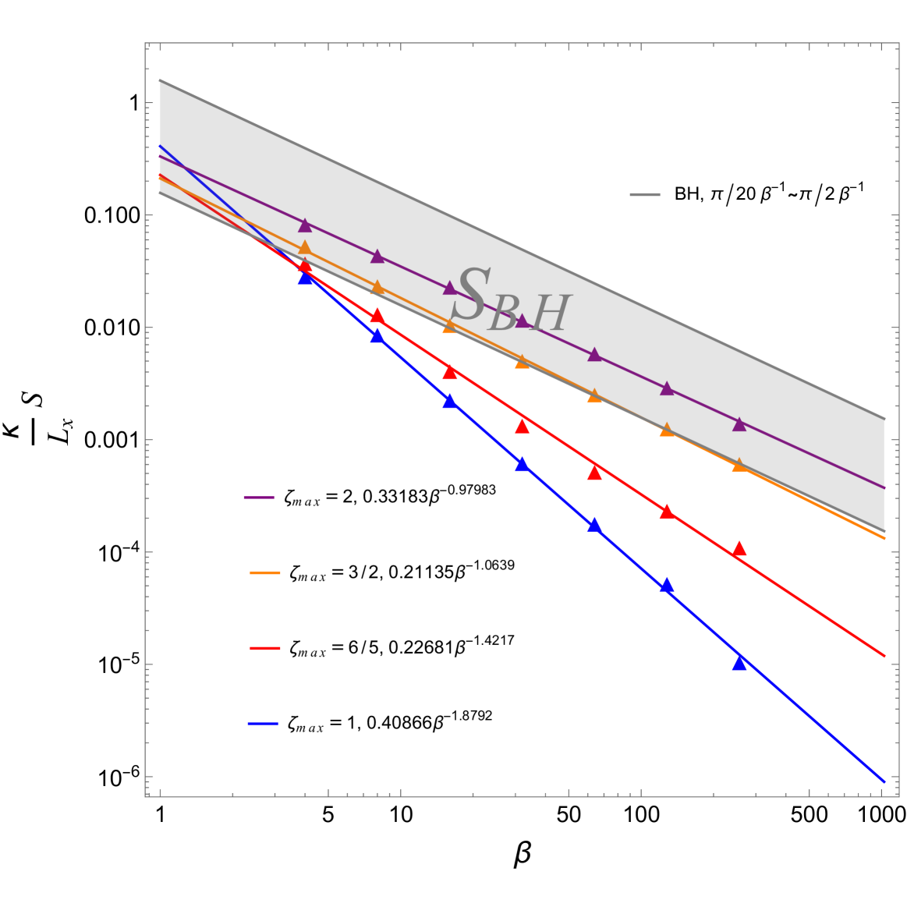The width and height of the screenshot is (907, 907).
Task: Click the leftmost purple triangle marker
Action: click(305, 225)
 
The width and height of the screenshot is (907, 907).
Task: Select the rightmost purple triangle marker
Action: click(739, 424)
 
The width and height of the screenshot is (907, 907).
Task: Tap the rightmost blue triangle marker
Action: click(739, 663)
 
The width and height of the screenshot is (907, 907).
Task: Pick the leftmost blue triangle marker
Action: click(306, 277)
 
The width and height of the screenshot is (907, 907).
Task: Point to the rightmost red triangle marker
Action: click(739, 549)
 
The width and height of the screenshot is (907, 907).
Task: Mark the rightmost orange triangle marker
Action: click(739, 464)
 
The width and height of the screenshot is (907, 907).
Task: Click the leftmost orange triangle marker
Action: click(305, 248)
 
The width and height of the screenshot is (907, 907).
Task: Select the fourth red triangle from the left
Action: click(523, 426)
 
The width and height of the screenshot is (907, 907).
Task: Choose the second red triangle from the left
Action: click(377, 316)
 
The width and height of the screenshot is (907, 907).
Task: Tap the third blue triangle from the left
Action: click(450, 401)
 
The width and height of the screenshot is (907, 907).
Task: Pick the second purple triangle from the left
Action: click(377, 257)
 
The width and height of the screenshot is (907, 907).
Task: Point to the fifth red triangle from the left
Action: click(594, 473)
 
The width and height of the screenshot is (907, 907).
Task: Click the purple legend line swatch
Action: click(259, 498)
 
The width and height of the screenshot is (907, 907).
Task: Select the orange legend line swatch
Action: click(265, 573)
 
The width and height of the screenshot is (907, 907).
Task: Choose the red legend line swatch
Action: click(265, 648)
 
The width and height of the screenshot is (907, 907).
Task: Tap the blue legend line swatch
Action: click(264, 724)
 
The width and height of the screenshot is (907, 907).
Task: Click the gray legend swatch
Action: click(645, 194)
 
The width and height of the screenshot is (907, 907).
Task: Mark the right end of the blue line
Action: click(884, 781)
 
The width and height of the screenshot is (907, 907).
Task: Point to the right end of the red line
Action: click(884, 656)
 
